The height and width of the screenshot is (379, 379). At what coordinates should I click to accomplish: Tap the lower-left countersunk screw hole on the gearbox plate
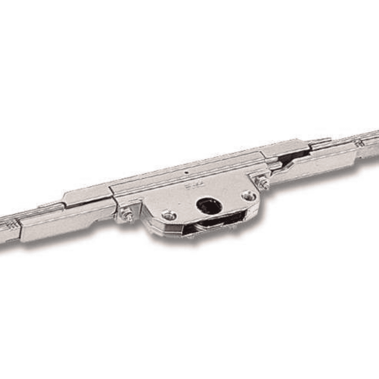click(169, 215)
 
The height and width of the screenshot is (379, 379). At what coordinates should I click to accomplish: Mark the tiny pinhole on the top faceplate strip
click(187, 172)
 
